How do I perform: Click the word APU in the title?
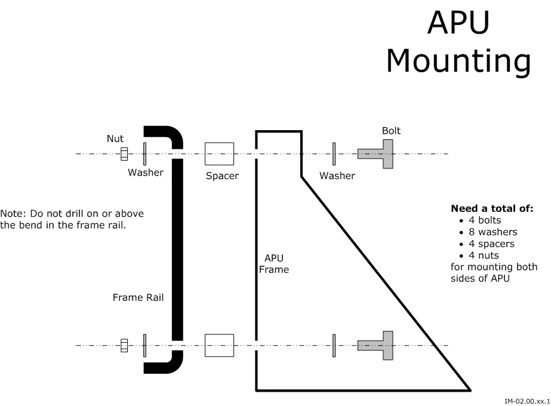(x=458, y=23)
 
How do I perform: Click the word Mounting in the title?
(x=458, y=60)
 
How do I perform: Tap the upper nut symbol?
(x=124, y=154)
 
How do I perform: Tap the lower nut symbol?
(x=124, y=345)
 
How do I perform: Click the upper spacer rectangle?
(x=219, y=154)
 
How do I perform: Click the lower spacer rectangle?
(x=219, y=345)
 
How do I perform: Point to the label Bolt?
(x=391, y=131)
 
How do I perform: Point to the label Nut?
(x=115, y=139)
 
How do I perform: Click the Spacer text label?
(x=222, y=176)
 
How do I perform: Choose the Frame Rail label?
(x=138, y=297)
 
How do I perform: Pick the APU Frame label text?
(x=274, y=264)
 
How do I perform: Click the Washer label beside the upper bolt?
(x=337, y=176)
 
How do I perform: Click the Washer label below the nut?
(x=146, y=173)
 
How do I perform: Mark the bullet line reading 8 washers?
(x=492, y=232)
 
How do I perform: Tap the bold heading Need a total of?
(x=492, y=209)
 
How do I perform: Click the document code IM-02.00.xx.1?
(x=526, y=401)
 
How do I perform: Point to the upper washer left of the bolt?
(x=334, y=154)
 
